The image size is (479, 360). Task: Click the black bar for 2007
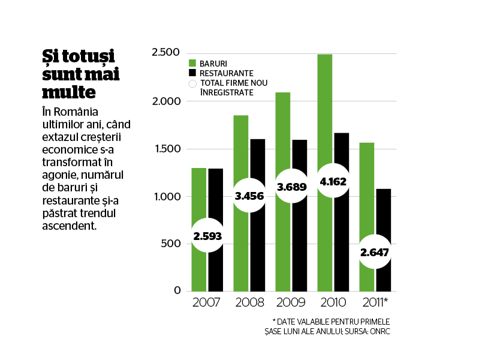tap(216, 196)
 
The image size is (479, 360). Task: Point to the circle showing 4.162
tap(333, 181)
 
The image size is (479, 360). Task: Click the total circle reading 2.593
tap(207, 236)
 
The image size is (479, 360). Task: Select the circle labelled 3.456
tap(249, 196)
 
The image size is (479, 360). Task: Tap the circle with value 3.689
tap(291, 186)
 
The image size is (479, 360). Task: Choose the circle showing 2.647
tap(375, 252)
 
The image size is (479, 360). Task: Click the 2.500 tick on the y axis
tap(165, 52)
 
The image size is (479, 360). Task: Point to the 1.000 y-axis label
tap(167, 196)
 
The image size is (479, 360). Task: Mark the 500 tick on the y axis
tap(171, 244)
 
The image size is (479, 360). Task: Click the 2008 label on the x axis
tap(249, 302)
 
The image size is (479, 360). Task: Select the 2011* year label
tap(375, 302)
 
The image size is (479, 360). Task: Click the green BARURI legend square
tap(192, 63)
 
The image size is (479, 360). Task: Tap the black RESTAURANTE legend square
tap(192, 73)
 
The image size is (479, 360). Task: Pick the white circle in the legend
tap(192, 83)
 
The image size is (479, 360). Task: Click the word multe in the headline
tap(69, 92)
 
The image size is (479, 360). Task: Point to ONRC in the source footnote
tap(379, 332)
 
